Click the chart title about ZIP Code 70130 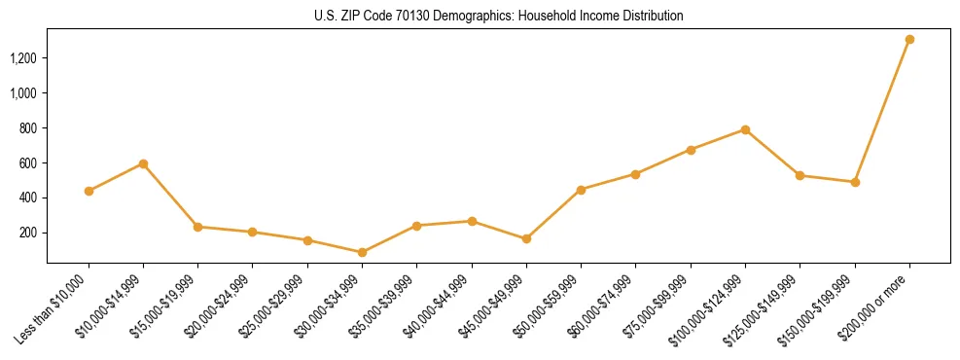pyautogui.click(x=498, y=17)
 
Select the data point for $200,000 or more pyautogui.click(x=909, y=40)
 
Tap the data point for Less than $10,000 pyautogui.click(x=89, y=191)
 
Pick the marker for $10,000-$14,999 pyautogui.click(x=143, y=163)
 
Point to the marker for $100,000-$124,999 pyautogui.click(x=745, y=129)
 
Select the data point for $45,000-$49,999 pyautogui.click(x=526, y=238)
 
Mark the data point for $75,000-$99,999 pyautogui.click(x=691, y=150)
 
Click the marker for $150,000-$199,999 pyautogui.click(x=855, y=182)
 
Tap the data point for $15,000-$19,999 pyautogui.click(x=197, y=227)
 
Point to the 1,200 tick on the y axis pyautogui.click(x=23, y=58)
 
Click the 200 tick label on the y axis pyautogui.click(x=28, y=233)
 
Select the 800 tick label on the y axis pyautogui.click(x=28, y=128)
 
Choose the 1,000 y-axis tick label pyautogui.click(x=23, y=93)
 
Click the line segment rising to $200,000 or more pyautogui.click(x=882, y=111)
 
